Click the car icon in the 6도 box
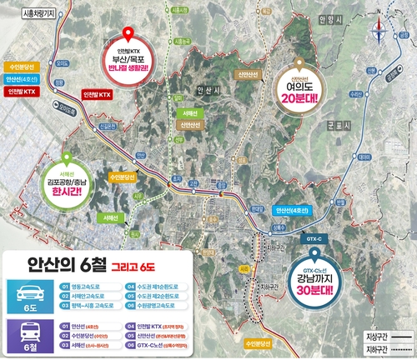(x=24, y=288)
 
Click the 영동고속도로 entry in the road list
(x=88, y=284)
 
